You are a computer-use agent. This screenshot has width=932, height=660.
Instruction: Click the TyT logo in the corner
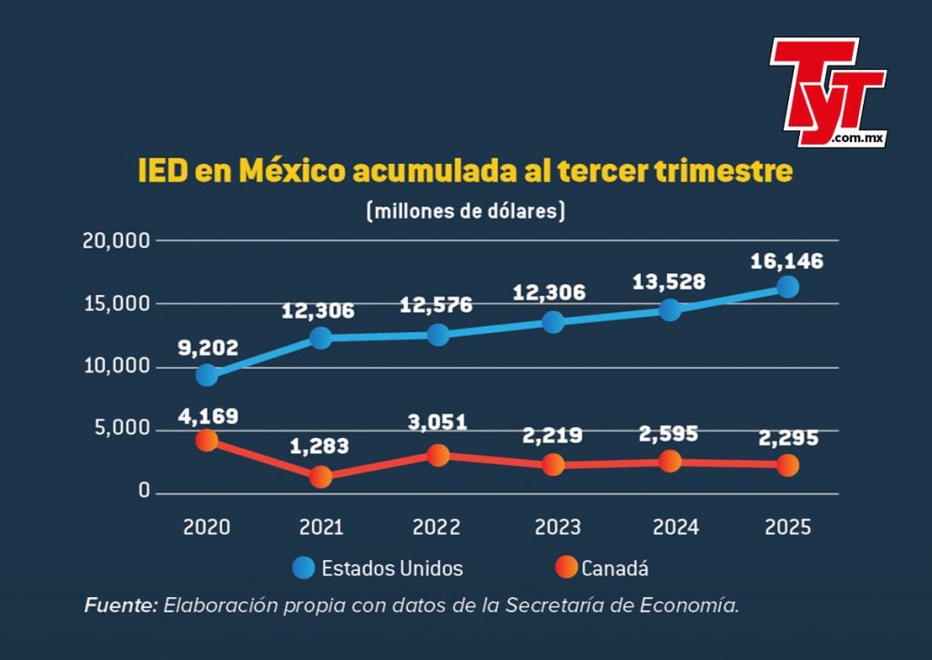point(826,91)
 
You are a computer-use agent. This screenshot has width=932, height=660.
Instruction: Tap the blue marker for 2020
point(208,375)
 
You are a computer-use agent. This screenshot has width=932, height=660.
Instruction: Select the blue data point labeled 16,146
point(787,287)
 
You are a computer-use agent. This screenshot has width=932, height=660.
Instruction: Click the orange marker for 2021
point(320,477)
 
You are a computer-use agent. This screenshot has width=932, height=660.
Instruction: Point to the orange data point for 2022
point(439,455)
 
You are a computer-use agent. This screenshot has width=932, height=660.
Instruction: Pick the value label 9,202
point(208,347)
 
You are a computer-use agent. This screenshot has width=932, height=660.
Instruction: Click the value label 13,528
point(670,281)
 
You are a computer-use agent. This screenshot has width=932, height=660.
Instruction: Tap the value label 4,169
point(208,417)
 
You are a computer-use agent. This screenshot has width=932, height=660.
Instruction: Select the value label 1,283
point(320,447)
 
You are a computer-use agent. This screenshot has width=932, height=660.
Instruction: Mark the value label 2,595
point(670,433)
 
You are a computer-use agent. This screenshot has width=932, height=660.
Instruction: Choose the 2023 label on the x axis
point(552,527)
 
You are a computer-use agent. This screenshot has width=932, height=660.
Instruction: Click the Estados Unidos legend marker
point(303,568)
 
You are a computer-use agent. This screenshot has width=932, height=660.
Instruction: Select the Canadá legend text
point(615,569)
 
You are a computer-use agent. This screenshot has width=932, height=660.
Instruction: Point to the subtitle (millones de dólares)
point(466,211)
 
